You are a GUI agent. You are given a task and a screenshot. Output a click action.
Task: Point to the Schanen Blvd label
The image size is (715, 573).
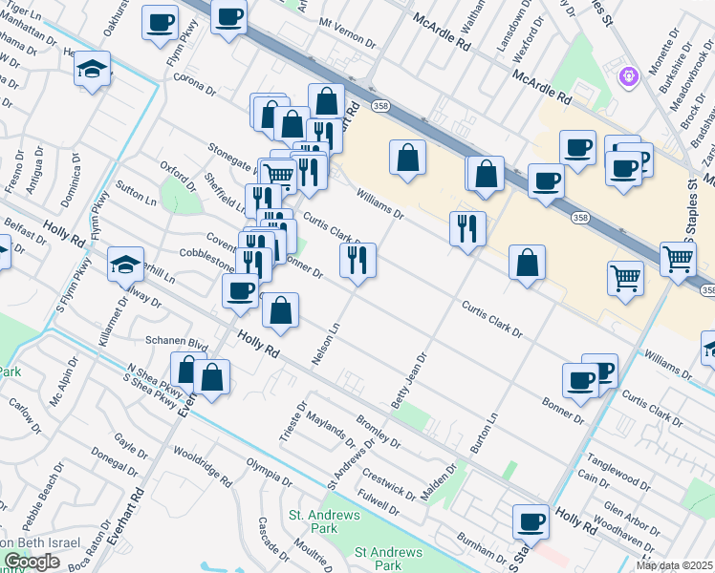[x=177, y=341]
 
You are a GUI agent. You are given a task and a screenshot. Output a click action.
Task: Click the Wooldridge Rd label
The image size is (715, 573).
[x=204, y=465]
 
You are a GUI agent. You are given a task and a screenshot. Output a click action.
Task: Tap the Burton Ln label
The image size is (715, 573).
[x=486, y=433]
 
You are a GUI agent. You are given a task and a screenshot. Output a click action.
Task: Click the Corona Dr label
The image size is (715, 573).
[x=195, y=83]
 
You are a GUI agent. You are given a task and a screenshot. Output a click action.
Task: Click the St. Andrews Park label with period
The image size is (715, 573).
[x=314, y=520]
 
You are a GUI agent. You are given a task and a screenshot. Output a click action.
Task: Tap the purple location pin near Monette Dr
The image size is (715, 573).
[x=629, y=74]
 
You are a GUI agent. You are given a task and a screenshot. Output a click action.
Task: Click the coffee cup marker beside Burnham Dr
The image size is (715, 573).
[x=531, y=522]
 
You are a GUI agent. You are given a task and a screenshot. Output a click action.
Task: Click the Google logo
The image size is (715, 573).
[x=32, y=562]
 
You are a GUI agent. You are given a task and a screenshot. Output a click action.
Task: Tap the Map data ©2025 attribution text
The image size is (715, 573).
[x=674, y=565]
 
